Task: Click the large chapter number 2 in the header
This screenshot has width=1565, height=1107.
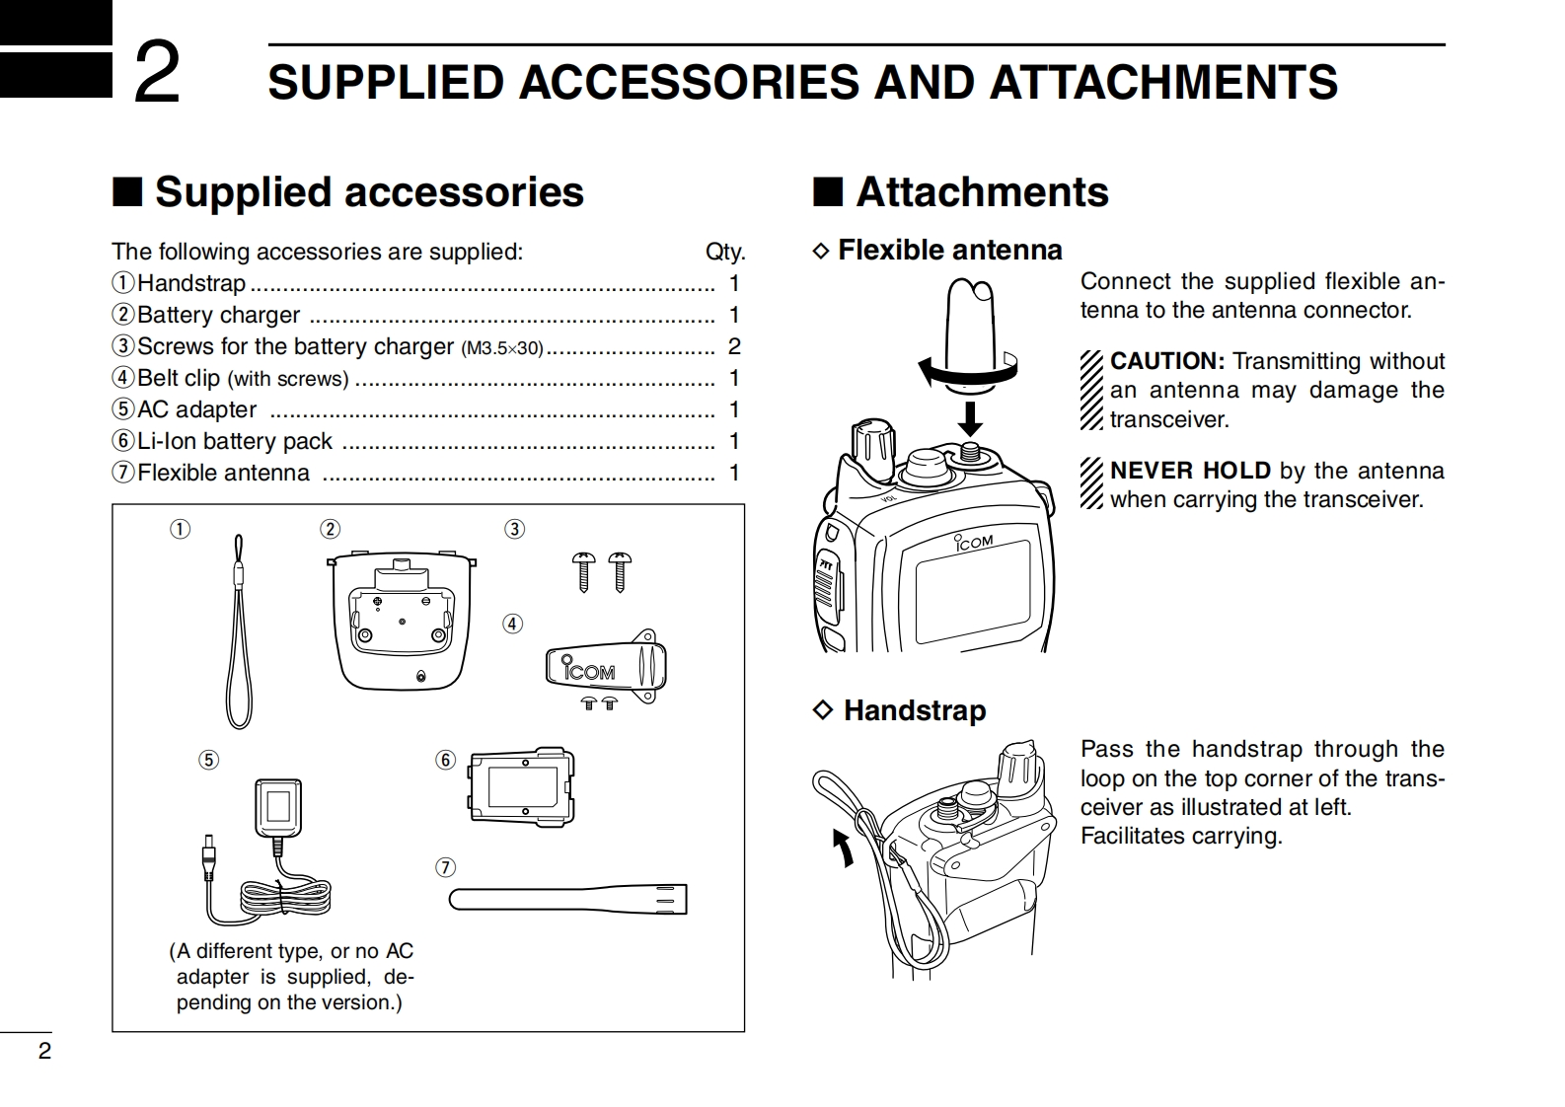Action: (157, 73)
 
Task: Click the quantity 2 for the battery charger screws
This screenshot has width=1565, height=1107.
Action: (733, 346)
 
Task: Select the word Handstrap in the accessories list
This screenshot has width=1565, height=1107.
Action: (191, 283)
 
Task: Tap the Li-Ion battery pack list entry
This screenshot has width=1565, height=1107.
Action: (235, 441)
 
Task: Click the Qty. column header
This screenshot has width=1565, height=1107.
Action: (725, 252)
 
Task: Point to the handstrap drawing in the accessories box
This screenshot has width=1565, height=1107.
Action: (238, 631)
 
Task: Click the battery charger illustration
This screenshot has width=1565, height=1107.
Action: (402, 619)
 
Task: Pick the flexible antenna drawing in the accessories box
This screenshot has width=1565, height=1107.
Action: (567, 899)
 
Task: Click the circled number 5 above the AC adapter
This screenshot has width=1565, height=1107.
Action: (208, 760)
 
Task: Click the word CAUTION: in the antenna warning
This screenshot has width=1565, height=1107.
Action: (1166, 361)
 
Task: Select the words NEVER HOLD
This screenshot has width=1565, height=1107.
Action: (1190, 471)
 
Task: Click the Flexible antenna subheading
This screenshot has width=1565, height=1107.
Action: (949, 250)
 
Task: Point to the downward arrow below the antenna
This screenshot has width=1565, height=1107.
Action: (971, 416)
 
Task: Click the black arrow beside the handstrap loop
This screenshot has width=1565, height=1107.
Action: (843, 847)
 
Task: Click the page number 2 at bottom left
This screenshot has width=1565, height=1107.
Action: (43, 1051)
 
